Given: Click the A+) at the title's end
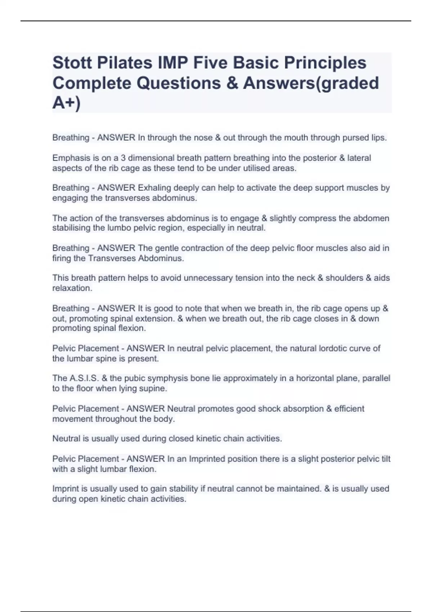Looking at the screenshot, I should (67, 103).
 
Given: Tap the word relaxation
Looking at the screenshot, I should (72, 288).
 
